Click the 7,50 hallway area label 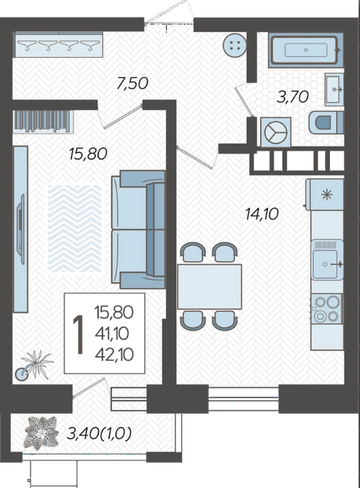tap(132, 83)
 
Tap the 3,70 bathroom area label tap(293, 97)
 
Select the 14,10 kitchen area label tap(262, 214)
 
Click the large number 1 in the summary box tap(79, 335)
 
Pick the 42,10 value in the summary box tap(114, 354)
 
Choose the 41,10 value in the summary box tap(112, 334)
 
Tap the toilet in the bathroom tap(326, 123)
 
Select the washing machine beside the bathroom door tap(275, 132)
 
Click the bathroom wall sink tap(334, 89)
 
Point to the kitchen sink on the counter tap(327, 260)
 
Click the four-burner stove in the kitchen tap(327, 308)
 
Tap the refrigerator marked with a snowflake tap(325, 194)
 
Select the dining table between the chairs tap(209, 287)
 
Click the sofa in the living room tap(138, 229)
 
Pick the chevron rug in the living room tap(75, 228)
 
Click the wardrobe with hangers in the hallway tap(58, 45)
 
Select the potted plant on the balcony tap(41, 433)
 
